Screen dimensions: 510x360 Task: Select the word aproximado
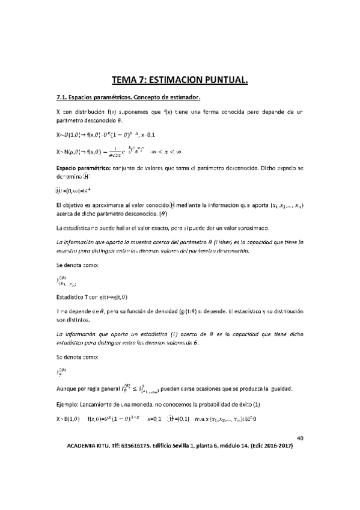tap(257, 228)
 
